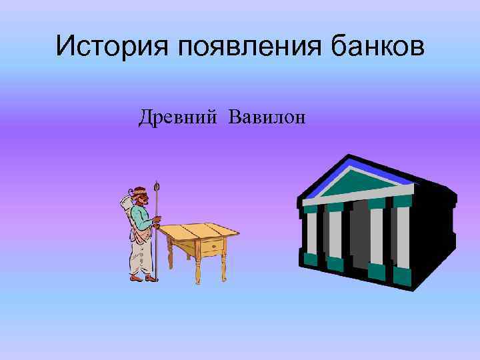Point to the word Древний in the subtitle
tap(178, 118)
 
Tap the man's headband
tap(141, 193)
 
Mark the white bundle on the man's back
tap(126, 204)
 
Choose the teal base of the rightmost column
tap(402, 275)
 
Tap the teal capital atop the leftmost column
tap(311, 207)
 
